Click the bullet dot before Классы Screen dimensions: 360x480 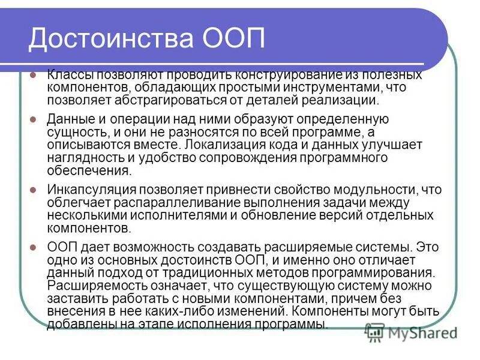tap(33, 76)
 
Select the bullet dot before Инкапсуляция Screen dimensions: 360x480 tap(33, 191)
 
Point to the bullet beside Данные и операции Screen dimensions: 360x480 tap(33, 120)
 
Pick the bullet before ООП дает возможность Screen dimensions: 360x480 tap(33, 247)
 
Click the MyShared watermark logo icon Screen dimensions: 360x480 tap(375, 332)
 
